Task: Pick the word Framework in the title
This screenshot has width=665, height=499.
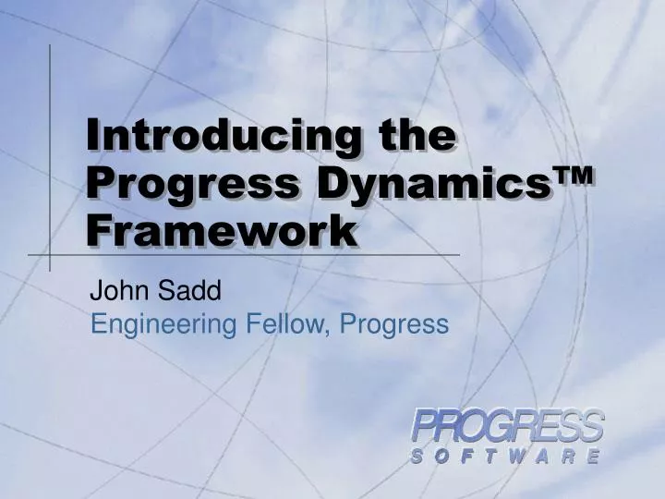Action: pyautogui.click(x=221, y=228)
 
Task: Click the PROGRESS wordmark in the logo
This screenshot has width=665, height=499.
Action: pyautogui.click(x=507, y=428)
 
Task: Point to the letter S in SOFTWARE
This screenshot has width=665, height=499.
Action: pyautogui.click(x=417, y=456)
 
